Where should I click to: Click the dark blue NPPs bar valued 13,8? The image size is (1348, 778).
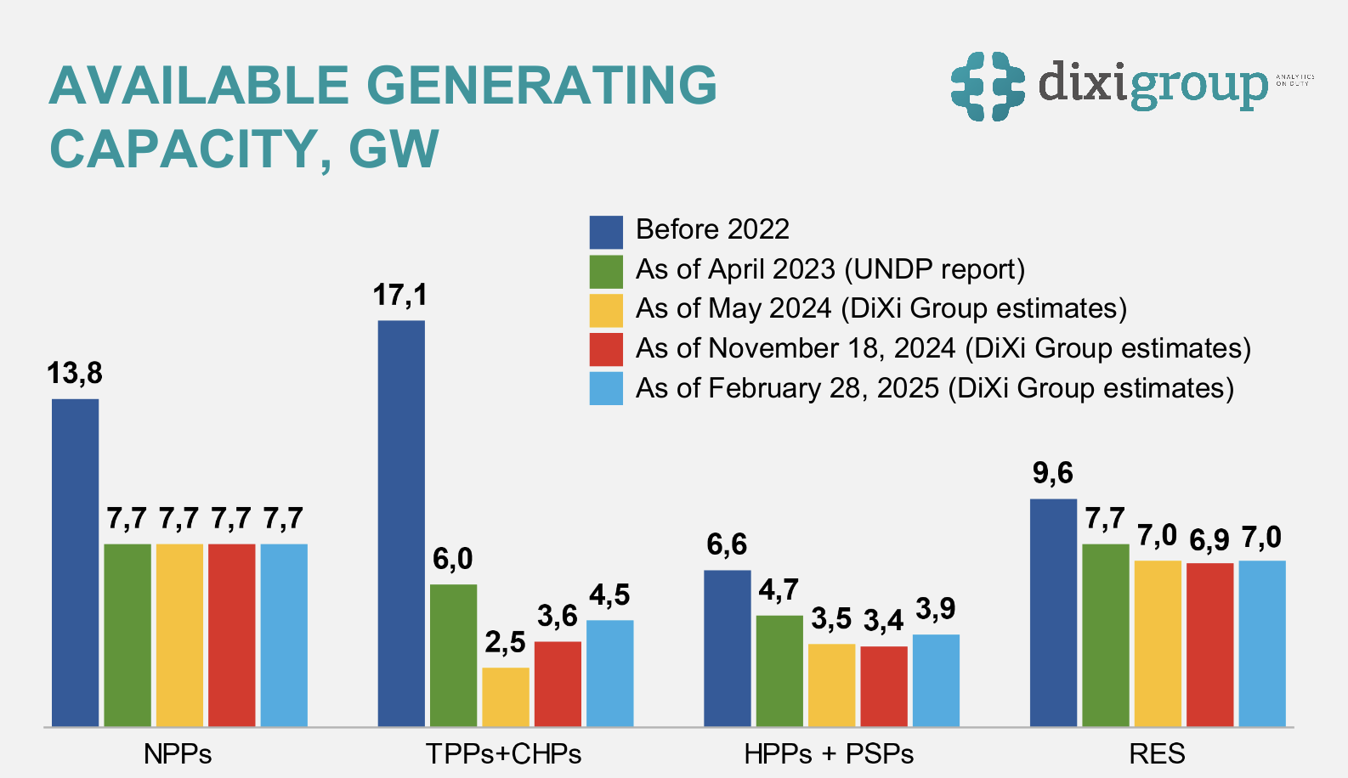coord(75,562)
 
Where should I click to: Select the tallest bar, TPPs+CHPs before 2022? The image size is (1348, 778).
coord(401,523)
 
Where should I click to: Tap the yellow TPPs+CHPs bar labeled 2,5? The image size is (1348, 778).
coord(506,696)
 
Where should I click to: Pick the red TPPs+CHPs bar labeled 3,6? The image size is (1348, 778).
coord(558,684)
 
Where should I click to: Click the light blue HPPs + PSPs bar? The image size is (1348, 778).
coord(936,680)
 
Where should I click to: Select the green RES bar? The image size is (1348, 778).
coord(1105,635)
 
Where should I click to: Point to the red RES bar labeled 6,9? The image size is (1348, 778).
coord(1209,645)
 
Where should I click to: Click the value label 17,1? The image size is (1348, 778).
coord(400,296)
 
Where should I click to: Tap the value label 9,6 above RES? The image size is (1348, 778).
coord(1052,473)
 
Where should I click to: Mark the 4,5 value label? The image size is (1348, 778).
coord(609,595)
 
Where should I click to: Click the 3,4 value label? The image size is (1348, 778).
coord(883,621)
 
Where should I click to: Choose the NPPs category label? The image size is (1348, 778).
coord(178,753)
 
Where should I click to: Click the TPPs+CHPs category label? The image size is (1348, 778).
coord(504,753)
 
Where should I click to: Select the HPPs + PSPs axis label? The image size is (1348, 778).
coord(829,753)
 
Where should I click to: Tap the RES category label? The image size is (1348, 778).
coord(1157,753)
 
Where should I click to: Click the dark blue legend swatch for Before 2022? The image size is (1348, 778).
coord(606,231)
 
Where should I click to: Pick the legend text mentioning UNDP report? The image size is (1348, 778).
coord(830,269)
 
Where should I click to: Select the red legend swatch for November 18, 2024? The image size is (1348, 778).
coord(606,349)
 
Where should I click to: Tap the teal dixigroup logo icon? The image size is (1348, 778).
coord(988,86)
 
